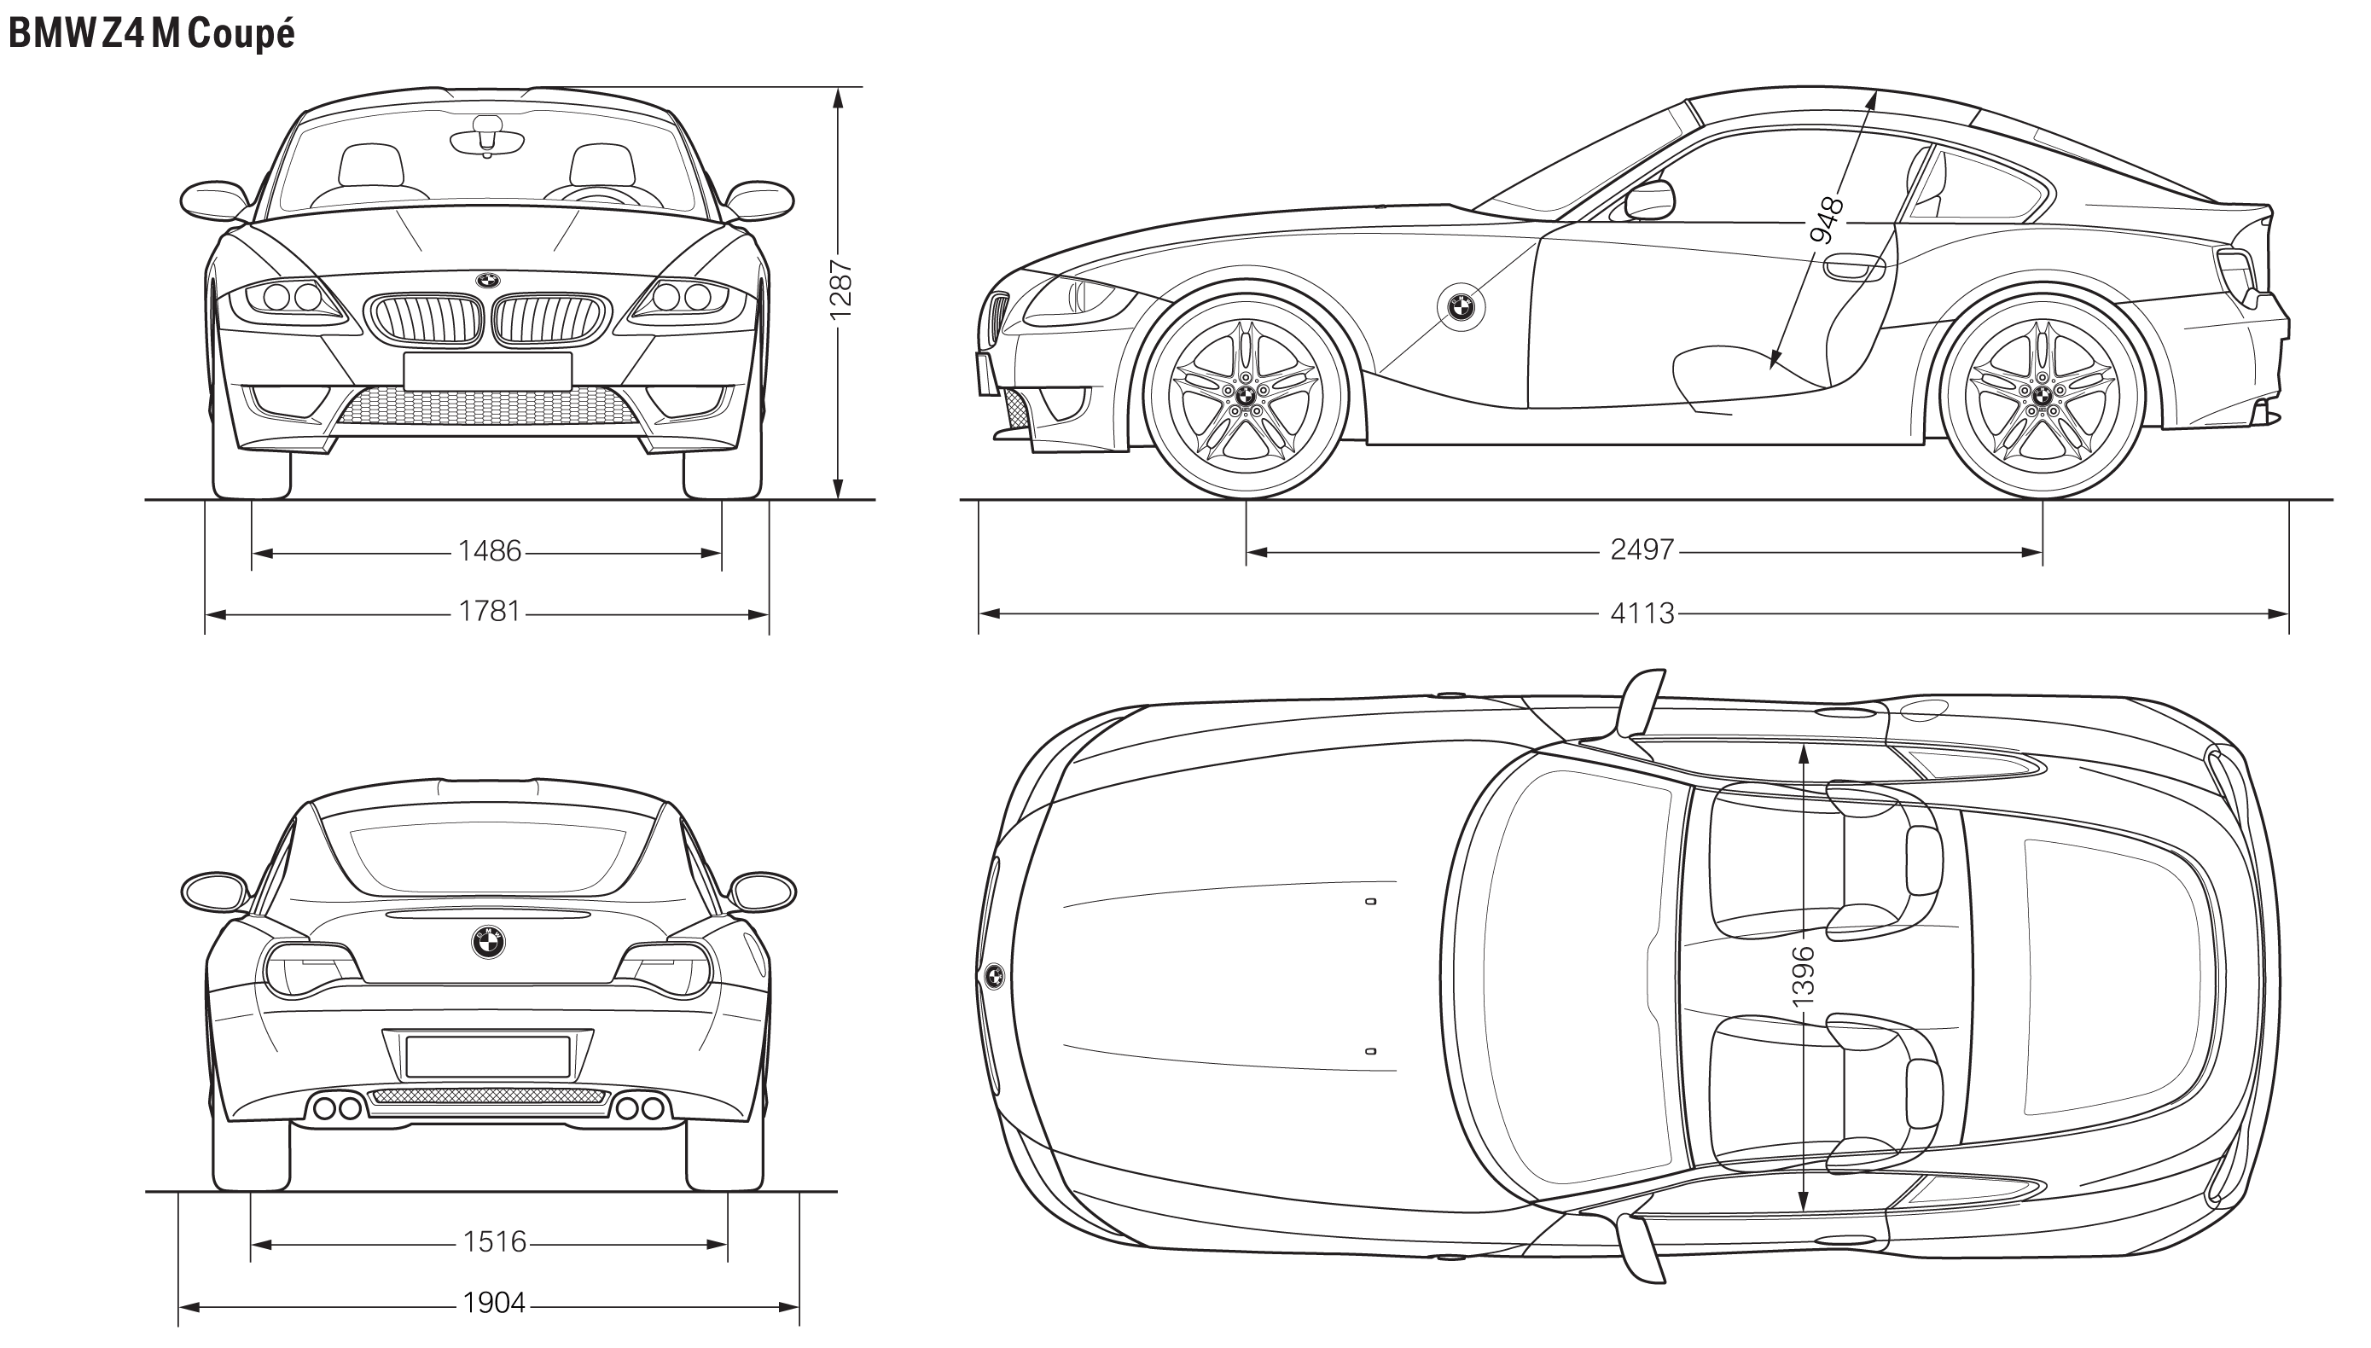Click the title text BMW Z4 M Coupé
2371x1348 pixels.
151,33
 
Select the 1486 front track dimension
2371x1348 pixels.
490,552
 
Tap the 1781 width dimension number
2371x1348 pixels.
490,612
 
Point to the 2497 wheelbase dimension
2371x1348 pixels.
1642,550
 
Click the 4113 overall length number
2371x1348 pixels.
1642,613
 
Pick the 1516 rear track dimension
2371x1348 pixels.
494,1241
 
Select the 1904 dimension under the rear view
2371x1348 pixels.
494,1304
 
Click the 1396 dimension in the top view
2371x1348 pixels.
1803,976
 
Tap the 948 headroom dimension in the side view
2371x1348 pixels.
1827,219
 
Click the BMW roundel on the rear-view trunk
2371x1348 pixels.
488,943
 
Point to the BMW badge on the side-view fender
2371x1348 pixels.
1461,305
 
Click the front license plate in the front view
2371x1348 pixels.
487,371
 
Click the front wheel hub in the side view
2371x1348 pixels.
1245,394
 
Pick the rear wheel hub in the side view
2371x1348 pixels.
2042,394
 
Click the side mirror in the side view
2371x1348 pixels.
1650,200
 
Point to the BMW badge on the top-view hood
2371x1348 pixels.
994,975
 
